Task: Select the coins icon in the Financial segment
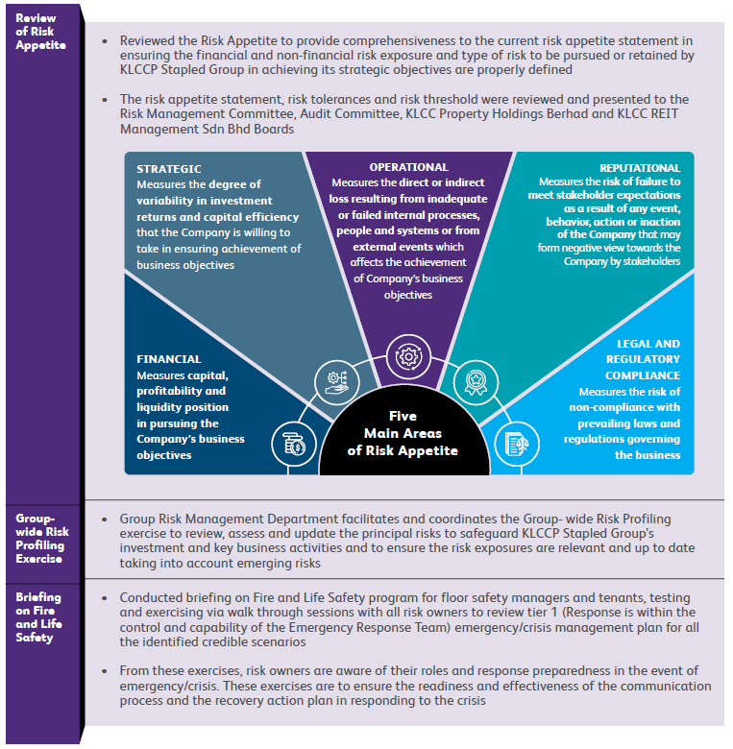pos(293,444)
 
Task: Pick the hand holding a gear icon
pos(336,380)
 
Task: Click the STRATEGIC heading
pos(169,169)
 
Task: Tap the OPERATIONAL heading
pos(408,167)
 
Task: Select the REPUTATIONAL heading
pos(639,168)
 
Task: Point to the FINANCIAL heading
pos(169,359)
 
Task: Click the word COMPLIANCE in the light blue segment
pos(643,375)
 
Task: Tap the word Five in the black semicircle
pos(403,416)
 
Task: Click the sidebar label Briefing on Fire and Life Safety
pos(39,617)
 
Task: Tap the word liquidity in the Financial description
pos(160,407)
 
